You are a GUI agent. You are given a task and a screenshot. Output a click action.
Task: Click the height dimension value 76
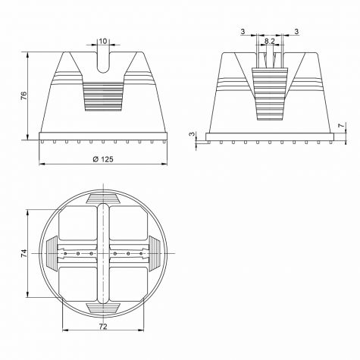[23, 95]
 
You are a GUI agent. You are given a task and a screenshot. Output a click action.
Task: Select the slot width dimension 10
[103, 41]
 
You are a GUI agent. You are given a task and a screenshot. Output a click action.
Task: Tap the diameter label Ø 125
[103, 159]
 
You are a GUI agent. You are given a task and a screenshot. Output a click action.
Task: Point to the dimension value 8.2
[270, 41]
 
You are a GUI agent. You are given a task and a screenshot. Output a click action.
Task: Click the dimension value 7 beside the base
[341, 125]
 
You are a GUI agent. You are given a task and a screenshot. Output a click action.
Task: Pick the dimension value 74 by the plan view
[23, 253]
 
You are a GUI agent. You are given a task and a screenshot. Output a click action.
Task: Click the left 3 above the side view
[243, 32]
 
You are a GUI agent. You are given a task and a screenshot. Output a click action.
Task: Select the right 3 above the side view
[296, 32]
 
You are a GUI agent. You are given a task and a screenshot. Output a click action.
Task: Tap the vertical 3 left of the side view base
[193, 134]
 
